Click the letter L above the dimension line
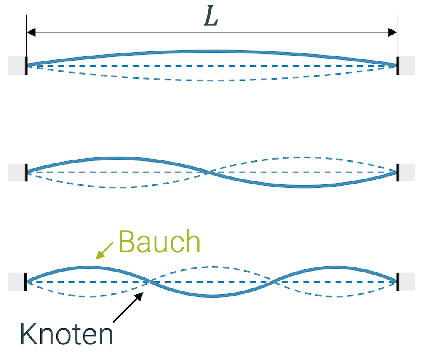pyautogui.click(x=211, y=17)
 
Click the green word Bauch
pyautogui.click(x=159, y=242)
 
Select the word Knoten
pyautogui.click(x=67, y=334)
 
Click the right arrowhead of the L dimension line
pyautogui.click(x=392, y=32)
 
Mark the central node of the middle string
pyautogui.click(x=209, y=172)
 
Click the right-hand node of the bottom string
pyautogui.click(x=274, y=281)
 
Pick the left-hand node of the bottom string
pyautogui.click(x=150, y=281)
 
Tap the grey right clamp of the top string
pyautogui.click(x=407, y=65)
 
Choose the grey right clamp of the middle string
pyautogui.click(x=407, y=172)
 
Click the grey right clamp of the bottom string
pyautogui.click(x=407, y=282)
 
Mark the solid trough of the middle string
pyautogui.click(x=302, y=186)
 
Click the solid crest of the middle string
pyautogui.click(x=117, y=158)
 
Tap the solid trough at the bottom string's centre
pyautogui.click(x=212, y=296)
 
